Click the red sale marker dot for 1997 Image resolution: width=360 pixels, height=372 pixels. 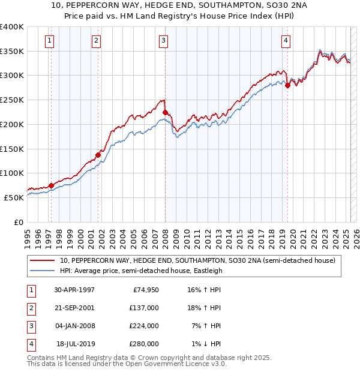pyautogui.click(x=51, y=186)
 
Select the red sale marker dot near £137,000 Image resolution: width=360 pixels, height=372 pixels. pyautogui.click(x=98, y=155)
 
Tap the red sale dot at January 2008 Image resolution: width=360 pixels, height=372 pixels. pyautogui.click(x=165, y=112)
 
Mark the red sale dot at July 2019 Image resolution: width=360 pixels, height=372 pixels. pyautogui.click(x=287, y=85)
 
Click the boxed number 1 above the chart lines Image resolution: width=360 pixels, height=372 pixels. pyautogui.click(x=49, y=41)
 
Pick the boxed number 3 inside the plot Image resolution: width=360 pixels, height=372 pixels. pyautogui.click(x=164, y=41)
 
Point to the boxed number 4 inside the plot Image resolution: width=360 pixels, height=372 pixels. pyautogui.click(x=286, y=41)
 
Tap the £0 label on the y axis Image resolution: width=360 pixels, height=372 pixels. pyautogui.click(x=19, y=222)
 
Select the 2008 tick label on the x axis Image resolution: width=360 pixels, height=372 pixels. pyautogui.click(x=165, y=239)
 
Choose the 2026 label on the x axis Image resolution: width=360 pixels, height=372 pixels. pyautogui.click(x=356, y=239)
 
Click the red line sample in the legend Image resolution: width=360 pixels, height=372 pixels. pyautogui.click(x=42, y=260)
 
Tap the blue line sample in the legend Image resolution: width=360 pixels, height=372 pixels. pyautogui.click(x=42, y=271)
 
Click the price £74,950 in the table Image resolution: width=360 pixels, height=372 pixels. pyautogui.click(x=146, y=290)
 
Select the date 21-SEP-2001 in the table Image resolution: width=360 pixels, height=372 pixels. pyautogui.click(x=74, y=308)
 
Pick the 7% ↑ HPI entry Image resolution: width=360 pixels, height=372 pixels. pyautogui.click(x=206, y=326)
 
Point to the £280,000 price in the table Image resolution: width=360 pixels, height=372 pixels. pyautogui.click(x=144, y=344)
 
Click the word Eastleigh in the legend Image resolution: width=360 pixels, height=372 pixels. pyautogui.click(x=208, y=271)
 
